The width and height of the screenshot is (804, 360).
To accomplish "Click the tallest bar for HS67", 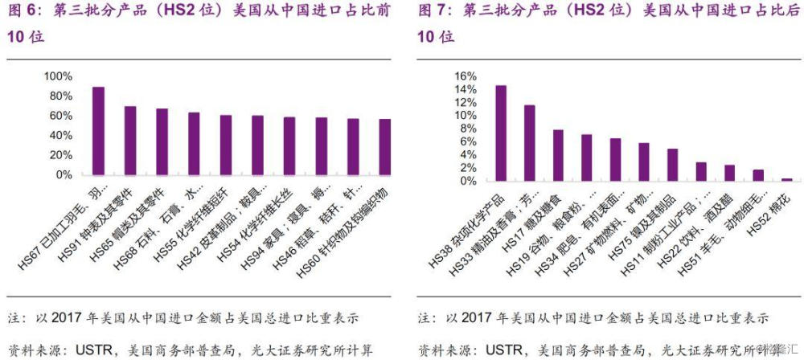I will pyautogui.click(x=98, y=131).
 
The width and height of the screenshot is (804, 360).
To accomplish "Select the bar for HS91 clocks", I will pyautogui.click(x=129, y=141).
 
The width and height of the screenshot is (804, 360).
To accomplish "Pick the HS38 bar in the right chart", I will pyautogui.click(x=500, y=133).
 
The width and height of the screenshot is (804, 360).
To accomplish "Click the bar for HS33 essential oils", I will pyautogui.click(x=529, y=143).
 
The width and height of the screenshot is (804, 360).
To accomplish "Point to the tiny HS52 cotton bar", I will pyautogui.click(x=786, y=179).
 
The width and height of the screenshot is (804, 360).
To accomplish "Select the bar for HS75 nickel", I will pyautogui.click(x=672, y=165).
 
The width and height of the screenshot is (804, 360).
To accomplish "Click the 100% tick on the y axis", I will pyautogui.click(x=58, y=76).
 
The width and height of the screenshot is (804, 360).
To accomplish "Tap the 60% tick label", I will pyautogui.click(x=60, y=116).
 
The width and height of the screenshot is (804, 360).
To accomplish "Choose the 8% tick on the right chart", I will pyautogui.click(x=469, y=129).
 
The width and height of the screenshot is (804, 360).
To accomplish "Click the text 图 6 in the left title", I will pyautogui.click(x=23, y=12).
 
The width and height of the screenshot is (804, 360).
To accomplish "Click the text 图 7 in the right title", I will pyautogui.click(x=434, y=12).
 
